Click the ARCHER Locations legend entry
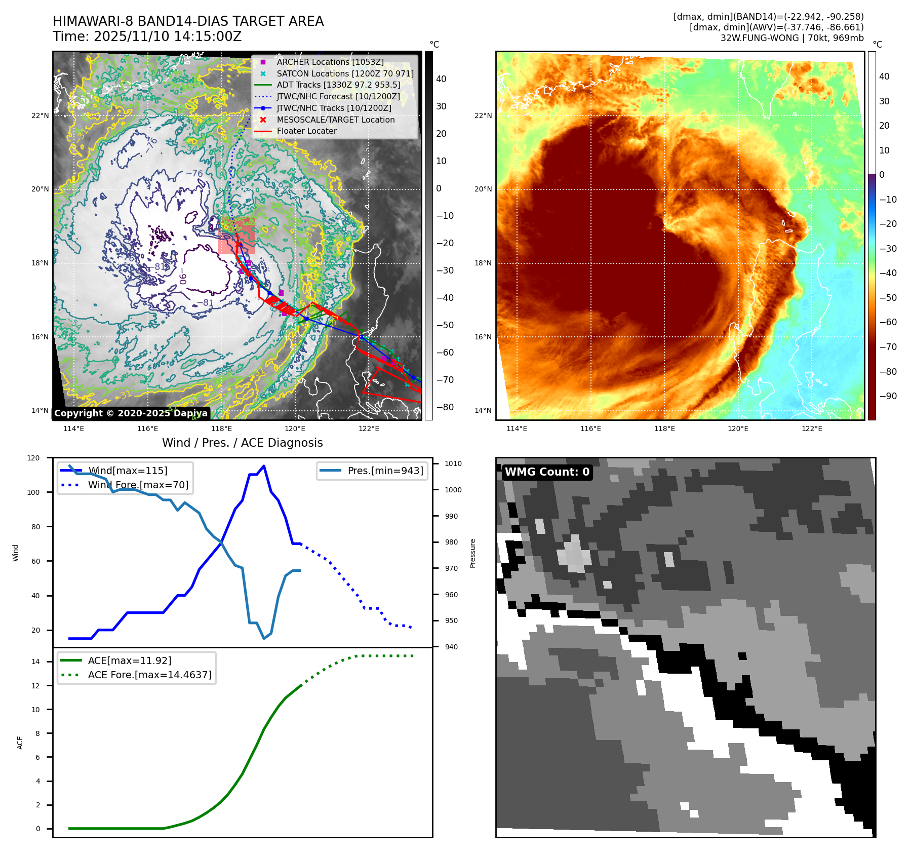[x=330, y=62]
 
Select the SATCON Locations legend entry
[x=344, y=73]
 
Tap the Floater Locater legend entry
[x=306, y=131]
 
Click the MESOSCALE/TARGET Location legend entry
[x=335, y=120]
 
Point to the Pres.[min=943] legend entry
[x=385, y=471]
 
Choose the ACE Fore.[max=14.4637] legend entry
[x=149, y=675]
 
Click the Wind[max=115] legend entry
[x=127, y=471]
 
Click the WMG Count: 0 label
[x=547, y=472]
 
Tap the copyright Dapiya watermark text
[x=131, y=413]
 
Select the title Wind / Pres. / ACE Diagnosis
[x=242, y=443]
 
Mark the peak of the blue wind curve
[x=264, y=466]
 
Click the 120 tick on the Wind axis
[x=33, y=458]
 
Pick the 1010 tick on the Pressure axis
[x=453, y=463]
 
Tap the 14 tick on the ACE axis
[x=35, y=662]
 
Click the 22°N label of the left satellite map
[x=40, y=115]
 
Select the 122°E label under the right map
[x=812, y=429]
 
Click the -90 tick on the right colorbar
[x=888, y=396]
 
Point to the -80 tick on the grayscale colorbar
[x=445, y=407]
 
